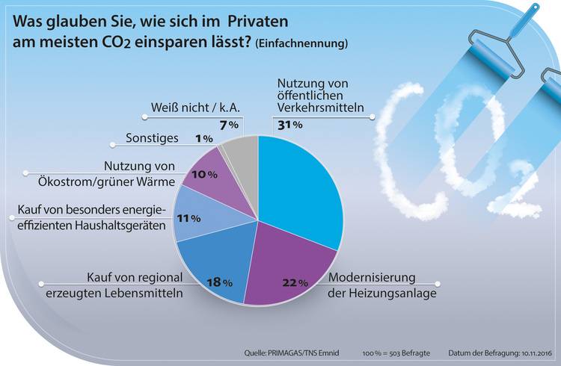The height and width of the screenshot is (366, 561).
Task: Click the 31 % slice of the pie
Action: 299,187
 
